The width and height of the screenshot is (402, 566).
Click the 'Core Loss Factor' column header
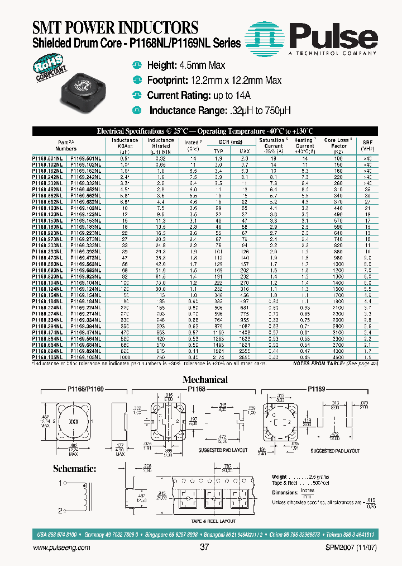(337, 145)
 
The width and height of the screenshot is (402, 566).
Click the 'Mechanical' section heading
(205, 379)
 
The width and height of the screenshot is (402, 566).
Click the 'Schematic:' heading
(74, 469)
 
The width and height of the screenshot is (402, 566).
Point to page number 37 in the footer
(204, 548)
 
